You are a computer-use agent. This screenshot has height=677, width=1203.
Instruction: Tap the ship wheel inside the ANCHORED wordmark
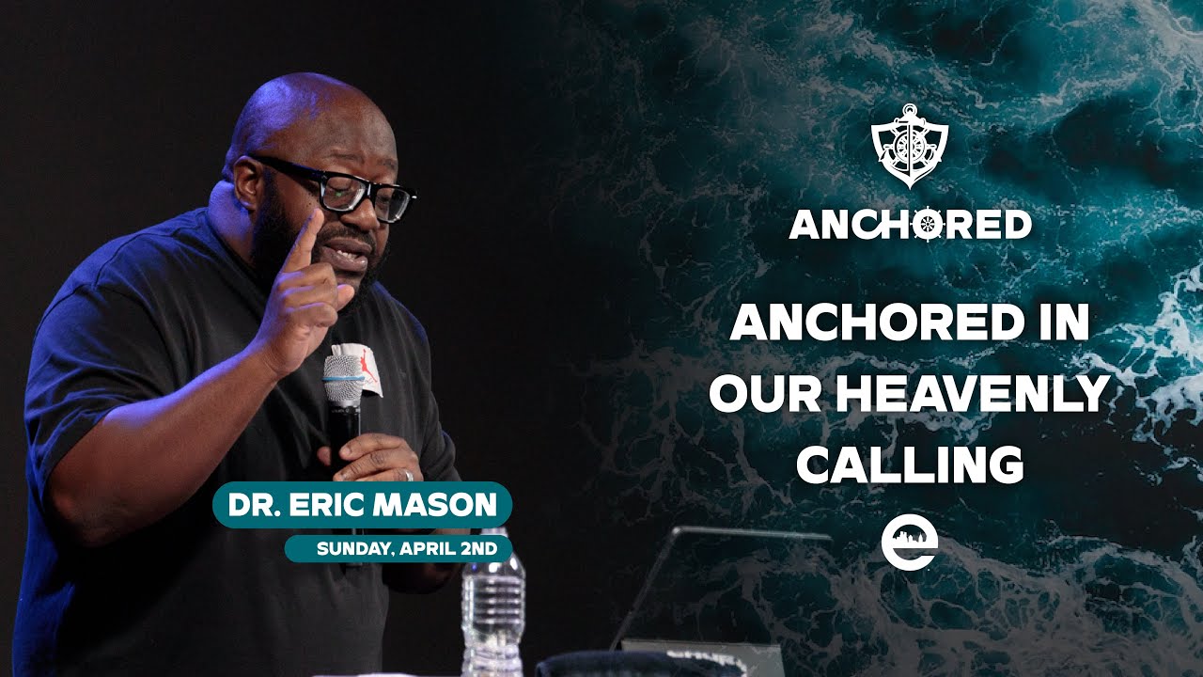point(926,224)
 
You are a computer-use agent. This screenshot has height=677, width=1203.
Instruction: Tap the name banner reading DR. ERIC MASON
point(362,505)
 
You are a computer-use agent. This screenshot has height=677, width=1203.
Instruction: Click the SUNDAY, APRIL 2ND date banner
point(398,548)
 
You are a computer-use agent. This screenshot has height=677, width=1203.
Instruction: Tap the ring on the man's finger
point(407,475)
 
